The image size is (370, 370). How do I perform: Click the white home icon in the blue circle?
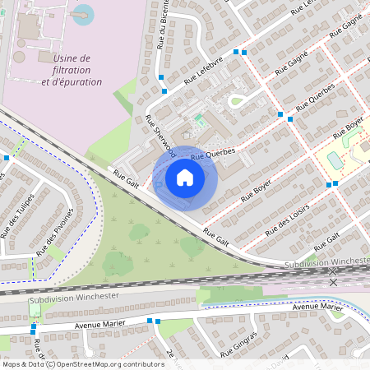click(x=185, y=177)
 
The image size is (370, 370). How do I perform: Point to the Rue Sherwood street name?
click(x=160, y=136)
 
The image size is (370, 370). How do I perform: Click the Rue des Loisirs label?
click(x=291, y=217)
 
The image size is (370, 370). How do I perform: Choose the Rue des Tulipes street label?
click(x=18, y=215)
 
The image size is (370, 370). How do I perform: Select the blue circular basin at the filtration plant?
click(x=83, y=13)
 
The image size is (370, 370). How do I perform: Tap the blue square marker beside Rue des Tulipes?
click(x=7, y=157)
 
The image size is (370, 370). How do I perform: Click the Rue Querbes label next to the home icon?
click(x=213, y=154)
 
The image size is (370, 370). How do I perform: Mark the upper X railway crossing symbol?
click(x=333, y=271)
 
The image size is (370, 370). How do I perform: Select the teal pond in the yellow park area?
click(x=335, y=159)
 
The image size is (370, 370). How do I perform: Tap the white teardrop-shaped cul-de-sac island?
click(x=238, y=101)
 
